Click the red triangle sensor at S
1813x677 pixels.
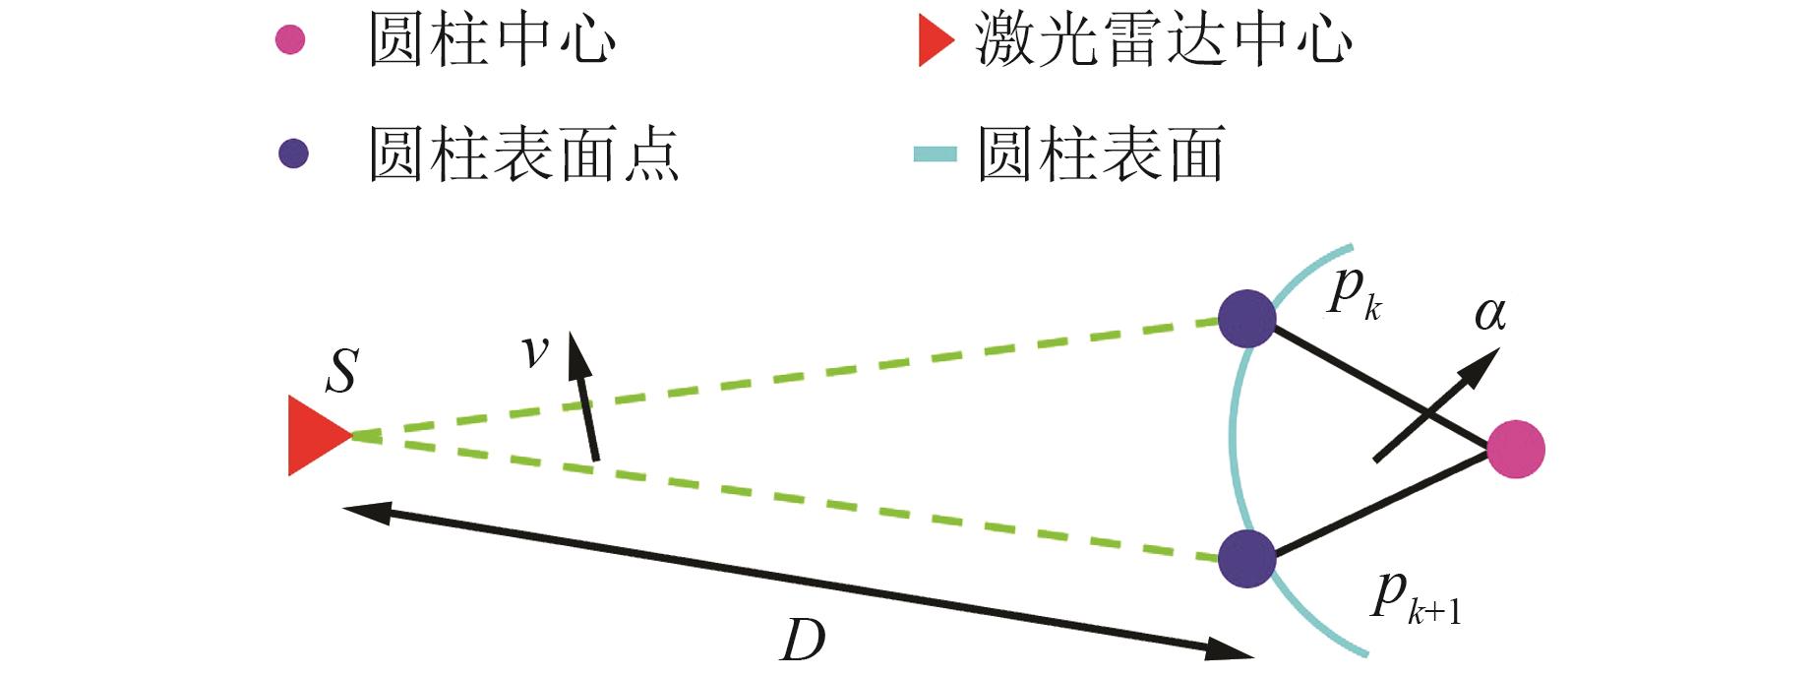pos(314,435)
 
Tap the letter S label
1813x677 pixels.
pos(341,372)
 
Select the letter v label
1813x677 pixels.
pos(535,350)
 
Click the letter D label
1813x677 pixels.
pos(803,642)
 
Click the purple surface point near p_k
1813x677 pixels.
pos(1246,319)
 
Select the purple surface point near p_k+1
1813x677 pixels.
pos(1246,559)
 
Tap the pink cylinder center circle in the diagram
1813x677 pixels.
pos(1515,450)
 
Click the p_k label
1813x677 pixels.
pos(1355,292)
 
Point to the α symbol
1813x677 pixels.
pos(1490,314)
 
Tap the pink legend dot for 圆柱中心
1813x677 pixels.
pos(290,40)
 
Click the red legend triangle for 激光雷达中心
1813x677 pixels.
pos(935,41)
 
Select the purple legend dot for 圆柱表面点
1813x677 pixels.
pos(293,154)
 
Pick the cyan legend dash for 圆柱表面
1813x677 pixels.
pos(935,154)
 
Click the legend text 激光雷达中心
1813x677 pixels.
pos(1163,41)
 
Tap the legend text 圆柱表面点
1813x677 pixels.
pos(523,154)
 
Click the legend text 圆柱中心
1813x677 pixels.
pos(492,41)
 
